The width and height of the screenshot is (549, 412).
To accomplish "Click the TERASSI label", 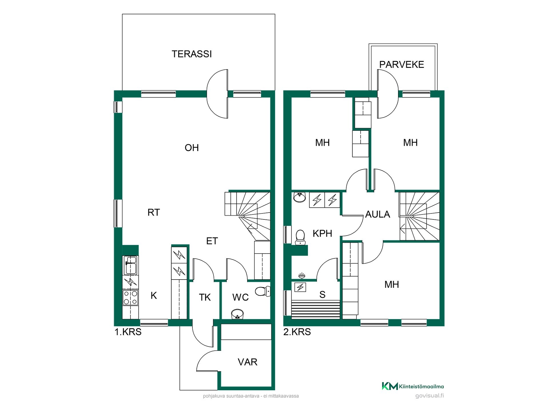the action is (192, 54).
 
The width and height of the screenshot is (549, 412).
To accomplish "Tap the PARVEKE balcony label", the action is (401, 65).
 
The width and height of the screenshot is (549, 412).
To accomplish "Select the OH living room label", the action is (192, 148).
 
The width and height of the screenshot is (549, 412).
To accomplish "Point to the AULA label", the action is (377, 214).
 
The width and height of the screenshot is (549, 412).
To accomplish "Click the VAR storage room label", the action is (247, 362).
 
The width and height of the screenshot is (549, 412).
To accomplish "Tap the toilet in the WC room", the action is (262, 292).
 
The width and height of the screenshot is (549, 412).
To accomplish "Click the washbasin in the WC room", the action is (237, 314).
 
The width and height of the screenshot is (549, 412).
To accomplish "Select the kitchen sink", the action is (130, 265).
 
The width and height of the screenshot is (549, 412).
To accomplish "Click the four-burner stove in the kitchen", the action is (130, 298).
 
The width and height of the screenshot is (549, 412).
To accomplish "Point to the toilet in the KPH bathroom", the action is (300, 237).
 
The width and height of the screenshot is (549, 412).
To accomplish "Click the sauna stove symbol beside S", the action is (300, 287).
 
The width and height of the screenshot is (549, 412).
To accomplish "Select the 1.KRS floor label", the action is (128, 332).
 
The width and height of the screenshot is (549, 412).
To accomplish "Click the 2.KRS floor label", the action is (297, 332).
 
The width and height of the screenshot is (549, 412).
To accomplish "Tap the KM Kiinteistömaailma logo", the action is (413, 386).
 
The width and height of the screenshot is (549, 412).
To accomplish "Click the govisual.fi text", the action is (429, 396).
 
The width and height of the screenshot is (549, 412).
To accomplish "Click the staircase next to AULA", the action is (419, 216).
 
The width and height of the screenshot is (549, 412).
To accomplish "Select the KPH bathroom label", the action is (322, 233).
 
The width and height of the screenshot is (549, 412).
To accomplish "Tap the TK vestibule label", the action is (205, 298).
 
